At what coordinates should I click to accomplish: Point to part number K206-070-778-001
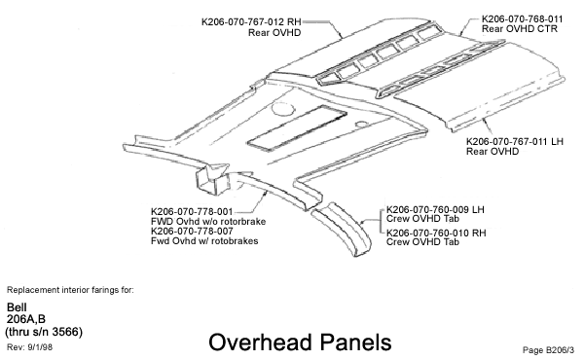tap(192, 211)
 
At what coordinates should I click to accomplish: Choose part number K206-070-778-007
tap(192, 231)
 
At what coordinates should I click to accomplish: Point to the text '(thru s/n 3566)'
tap(45, 331)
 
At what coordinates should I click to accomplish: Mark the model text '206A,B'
tap(27, 319)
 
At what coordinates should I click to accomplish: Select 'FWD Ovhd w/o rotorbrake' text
tap(208, 221)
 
